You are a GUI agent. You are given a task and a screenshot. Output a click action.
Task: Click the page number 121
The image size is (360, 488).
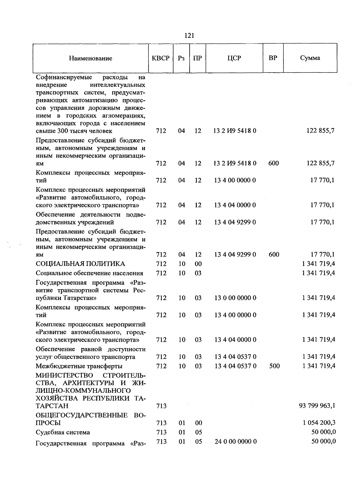pos(189,36)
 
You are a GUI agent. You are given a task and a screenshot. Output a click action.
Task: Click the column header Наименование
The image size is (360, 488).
pos(91,58)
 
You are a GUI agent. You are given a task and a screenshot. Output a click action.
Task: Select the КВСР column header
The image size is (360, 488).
pos(161,58)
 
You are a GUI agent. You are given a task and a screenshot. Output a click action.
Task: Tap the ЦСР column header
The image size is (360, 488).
pos(234,58)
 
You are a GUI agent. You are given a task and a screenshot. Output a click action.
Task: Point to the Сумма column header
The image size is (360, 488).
pos(310,58)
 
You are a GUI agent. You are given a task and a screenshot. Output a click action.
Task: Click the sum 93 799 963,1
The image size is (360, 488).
pos(317,406)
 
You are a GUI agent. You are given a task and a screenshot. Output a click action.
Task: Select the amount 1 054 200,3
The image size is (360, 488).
pos(319,423)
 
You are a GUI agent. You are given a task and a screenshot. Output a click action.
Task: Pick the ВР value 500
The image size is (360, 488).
pos(274,366)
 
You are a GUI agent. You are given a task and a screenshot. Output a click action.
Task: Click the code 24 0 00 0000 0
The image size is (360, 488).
pos(235,441)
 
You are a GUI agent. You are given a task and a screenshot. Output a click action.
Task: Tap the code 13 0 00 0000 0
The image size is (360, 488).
pos(235,298)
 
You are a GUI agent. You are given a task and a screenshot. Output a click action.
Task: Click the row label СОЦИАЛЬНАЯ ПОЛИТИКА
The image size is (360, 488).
pos(80,264)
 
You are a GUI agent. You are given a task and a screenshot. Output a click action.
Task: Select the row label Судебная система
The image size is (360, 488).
pos(63,432)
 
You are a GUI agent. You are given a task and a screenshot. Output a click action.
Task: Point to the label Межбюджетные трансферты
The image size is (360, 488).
pos(79,366)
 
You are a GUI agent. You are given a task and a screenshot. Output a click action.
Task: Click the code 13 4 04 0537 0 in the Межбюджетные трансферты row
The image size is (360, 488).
pos(235,366)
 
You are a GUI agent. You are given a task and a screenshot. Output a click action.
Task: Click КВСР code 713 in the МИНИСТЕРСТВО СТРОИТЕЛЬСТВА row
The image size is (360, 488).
pos(161,406)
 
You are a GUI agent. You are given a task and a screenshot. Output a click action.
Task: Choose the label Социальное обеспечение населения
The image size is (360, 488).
pos(89,273)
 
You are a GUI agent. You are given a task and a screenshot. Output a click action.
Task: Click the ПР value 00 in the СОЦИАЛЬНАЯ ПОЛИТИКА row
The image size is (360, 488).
pos(198,264)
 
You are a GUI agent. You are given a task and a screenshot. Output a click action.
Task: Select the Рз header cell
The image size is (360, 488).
pos(181,58)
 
